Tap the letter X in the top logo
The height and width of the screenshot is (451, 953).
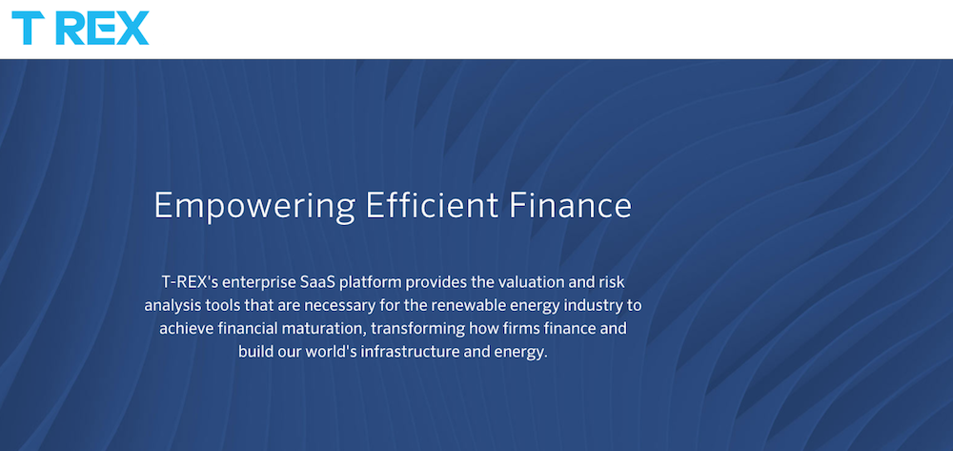132,28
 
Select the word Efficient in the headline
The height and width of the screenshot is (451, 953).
431,205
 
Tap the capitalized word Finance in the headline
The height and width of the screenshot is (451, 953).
570,205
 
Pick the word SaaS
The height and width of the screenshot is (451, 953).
318,282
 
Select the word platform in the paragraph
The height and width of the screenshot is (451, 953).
370,283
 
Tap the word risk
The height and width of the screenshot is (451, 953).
611,282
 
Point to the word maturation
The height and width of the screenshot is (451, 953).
332,328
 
